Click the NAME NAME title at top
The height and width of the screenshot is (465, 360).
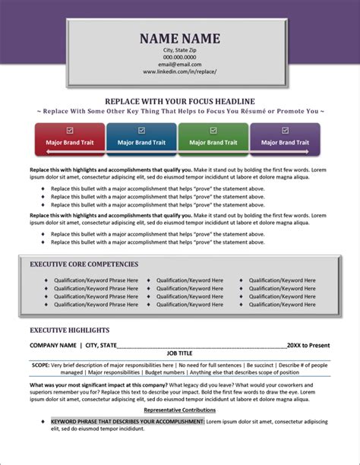pyautogui.click(x=179, y=38)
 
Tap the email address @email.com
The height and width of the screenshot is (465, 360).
pyautogui.click(x=179, y=64)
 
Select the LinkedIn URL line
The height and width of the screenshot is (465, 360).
pyautogui.click(x=179, y=71)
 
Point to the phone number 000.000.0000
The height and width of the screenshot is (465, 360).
pyautogui.click(x=179, y=57)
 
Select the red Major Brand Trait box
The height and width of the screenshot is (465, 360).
pyautogui.click(x=70, y=139)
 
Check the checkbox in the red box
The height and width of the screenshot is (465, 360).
pyautogui.click(x=70, y=130)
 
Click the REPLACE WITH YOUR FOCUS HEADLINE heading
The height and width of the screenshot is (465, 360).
pyautogui.click(x=179, y=101)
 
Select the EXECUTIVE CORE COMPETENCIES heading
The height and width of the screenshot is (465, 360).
pyautogui.click(x=84, y=264)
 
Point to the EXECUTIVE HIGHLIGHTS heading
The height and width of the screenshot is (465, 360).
pyautogui.click(x=70, y=331)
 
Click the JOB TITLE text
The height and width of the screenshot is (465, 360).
pyautogui.click(x=180, y=353)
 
